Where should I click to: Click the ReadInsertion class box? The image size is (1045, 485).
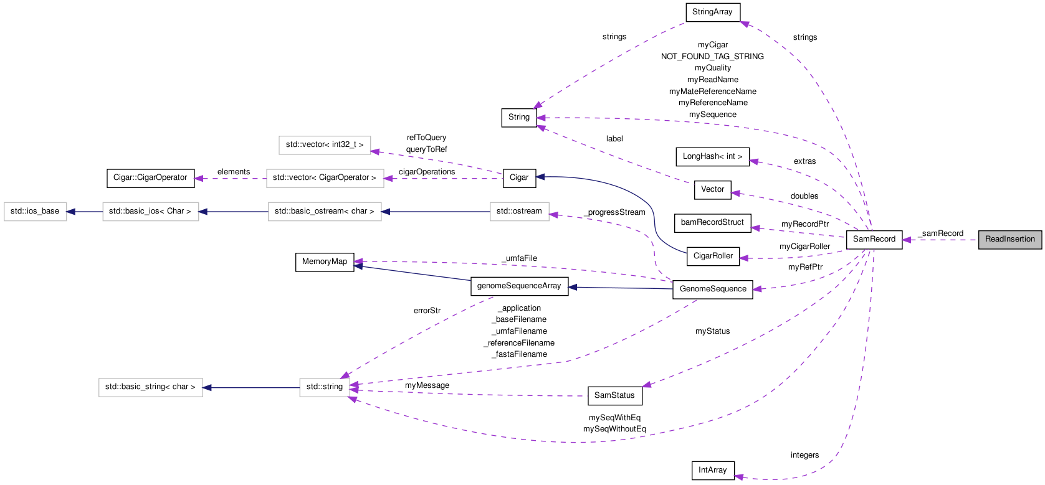point(1009,239)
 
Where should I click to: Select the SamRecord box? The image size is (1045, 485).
point(874,239)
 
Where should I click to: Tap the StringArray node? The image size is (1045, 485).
point(712,12)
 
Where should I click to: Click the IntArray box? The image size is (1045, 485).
point(712,470)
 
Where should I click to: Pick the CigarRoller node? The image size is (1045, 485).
point(713,256)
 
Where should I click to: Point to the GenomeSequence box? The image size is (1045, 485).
point(712,289)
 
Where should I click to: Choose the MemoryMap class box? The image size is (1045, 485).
point(324,261)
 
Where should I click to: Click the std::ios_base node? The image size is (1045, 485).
point(35,211)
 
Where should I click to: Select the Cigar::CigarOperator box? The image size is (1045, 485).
point(150,177)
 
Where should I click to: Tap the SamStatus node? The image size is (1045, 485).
point(614,395)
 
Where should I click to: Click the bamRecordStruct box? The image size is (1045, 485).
point(712,222)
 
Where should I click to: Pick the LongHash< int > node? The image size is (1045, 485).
point(712,156)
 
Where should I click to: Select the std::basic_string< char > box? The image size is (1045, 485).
point(150,387)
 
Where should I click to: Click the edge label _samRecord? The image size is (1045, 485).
point(942,233)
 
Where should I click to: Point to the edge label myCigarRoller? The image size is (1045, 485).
point(804,247)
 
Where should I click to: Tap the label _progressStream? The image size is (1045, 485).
point(615,212)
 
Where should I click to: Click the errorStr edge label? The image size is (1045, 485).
point(427,311)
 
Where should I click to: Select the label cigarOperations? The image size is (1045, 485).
point(427,172)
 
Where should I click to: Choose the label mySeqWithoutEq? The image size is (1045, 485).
point(614,429)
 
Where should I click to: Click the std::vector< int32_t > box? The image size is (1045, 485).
point(324,144)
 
